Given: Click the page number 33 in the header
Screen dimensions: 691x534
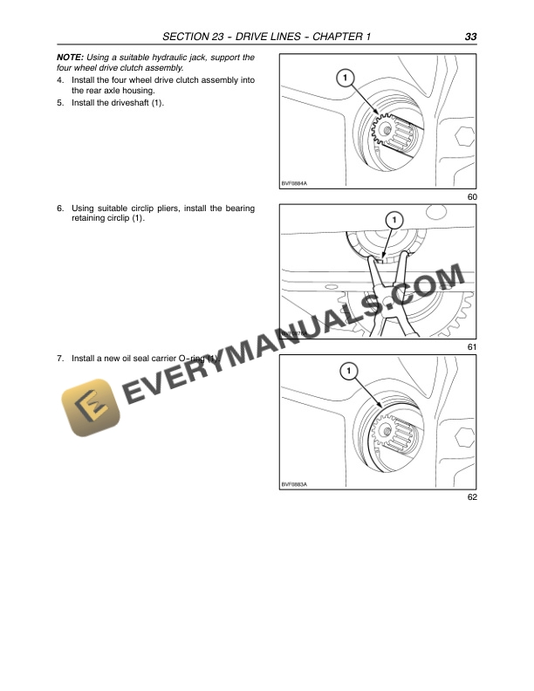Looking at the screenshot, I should [469, 37].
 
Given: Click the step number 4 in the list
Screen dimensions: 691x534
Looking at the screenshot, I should [59, 79].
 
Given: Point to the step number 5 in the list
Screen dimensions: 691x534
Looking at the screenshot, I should [59, 103].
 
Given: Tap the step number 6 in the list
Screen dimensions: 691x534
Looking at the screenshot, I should [59, 209].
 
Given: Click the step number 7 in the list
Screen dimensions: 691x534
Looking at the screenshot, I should [59, 359].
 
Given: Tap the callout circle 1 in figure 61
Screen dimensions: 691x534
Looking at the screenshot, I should [394, 219].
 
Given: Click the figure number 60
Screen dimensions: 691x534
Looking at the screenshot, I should [472, 197].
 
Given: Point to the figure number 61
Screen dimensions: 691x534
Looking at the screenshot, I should [472, 347].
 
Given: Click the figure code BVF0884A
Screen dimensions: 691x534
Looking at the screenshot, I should [295, 183].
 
